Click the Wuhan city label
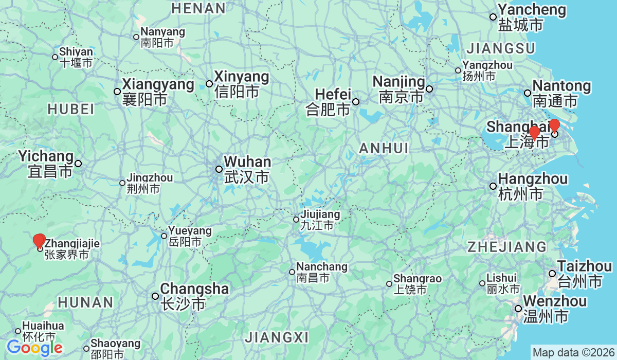coord(247,170)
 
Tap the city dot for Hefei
coord(356,101)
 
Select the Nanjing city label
coord(399,89)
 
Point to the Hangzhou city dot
coord(493,186)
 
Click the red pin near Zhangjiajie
coord(39,241)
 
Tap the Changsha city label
coord(194,296)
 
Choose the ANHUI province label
coord(384,149)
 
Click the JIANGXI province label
coord(277,338)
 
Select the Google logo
coord(34,348)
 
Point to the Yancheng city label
coord(531,16)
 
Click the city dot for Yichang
coord(78,164)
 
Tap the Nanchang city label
coord(321,272)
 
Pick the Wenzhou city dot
coord(518,309)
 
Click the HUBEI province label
coord(71,109)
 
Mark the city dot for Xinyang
coord(209,84)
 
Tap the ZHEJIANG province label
coord(506,247)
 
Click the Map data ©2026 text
coord(573,353)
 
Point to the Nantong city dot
coord(527,93)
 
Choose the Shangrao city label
coord(417,284)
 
